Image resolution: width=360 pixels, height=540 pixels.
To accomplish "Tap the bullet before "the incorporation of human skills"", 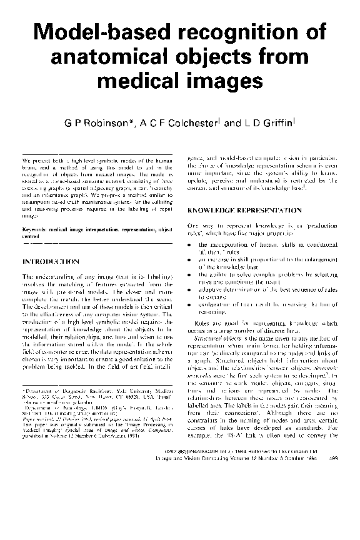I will tap(190, 244).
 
